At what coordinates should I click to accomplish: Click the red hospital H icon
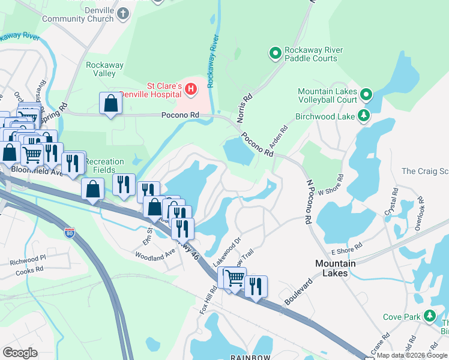click(x=191, y=89)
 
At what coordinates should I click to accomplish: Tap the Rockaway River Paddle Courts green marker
click(x=276, y=54)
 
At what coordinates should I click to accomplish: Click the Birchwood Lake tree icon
click(x=363, y=115)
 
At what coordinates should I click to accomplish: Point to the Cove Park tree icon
click(x=429, y=316)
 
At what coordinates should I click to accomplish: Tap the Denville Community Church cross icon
click(x=124, y=13)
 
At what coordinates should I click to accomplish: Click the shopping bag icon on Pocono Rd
click(x=110, y=104)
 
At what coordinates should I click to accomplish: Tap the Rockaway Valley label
click(x=101, y=69)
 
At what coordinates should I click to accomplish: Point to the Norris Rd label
click(x=246, y=107)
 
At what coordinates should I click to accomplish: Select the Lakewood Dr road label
click(x=226, y=255)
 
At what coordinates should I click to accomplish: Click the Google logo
click(x=20, y=353)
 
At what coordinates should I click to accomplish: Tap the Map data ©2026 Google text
click(x=412, y=355)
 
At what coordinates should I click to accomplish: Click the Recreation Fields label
click(x=103, y=166)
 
